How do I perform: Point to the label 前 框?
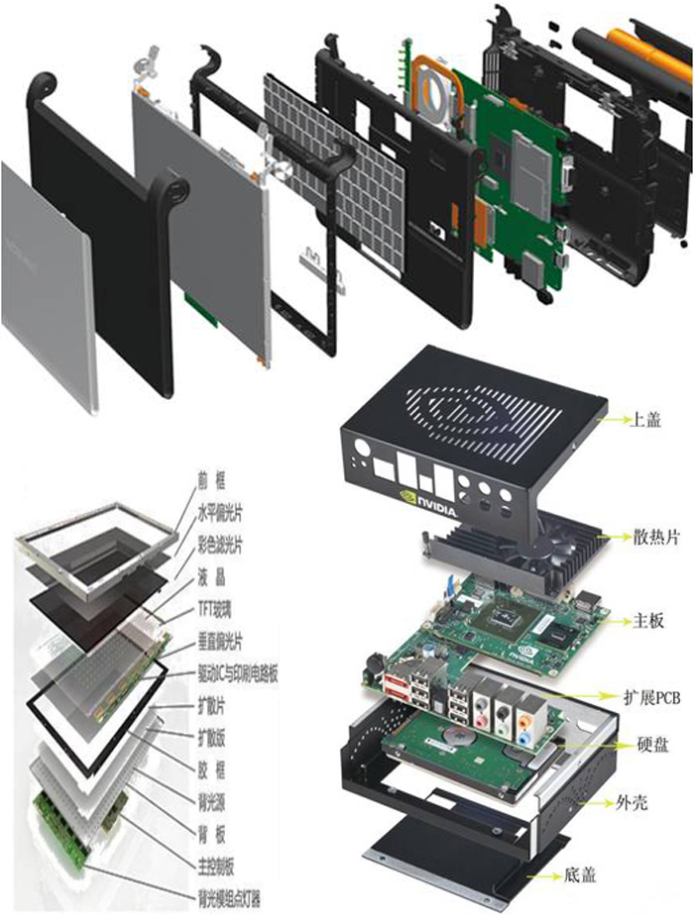[x=212, y=482]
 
